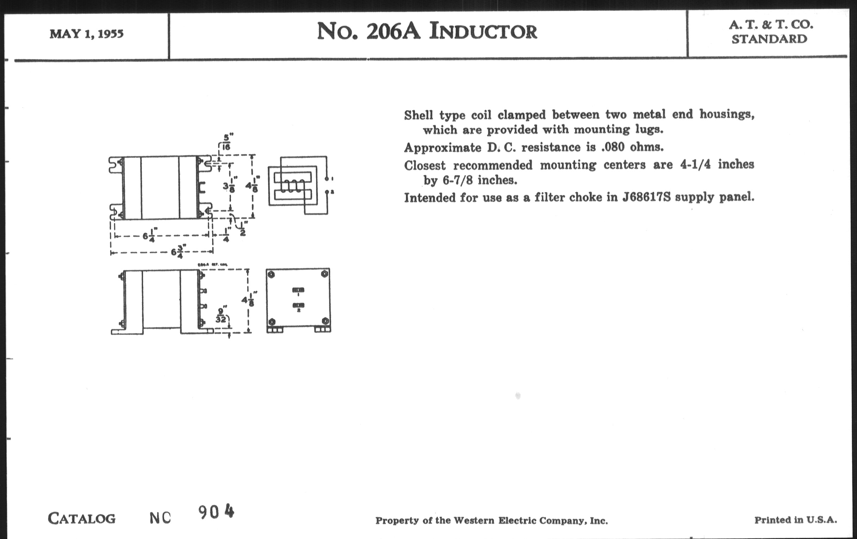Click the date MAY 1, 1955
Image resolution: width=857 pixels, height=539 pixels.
tap(86, 34)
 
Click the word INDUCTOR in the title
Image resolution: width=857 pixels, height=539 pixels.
tap(483, 31)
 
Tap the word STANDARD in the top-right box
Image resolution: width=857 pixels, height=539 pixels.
tap(769, 39)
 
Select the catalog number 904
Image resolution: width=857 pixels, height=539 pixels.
tap(216, 512)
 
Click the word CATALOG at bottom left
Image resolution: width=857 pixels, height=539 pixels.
tap(81, 519)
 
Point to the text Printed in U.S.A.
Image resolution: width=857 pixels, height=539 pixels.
tap(795, 520)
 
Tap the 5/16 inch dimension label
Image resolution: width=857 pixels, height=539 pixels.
tap(226, 142)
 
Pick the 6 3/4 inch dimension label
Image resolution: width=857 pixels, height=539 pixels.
tap(178, 252)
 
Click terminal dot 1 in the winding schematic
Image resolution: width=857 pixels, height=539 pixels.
tap(327, 179)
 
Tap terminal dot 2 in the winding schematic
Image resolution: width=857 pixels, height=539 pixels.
tap(327, 192)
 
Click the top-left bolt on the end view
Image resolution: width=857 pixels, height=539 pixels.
tap(271, 274)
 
